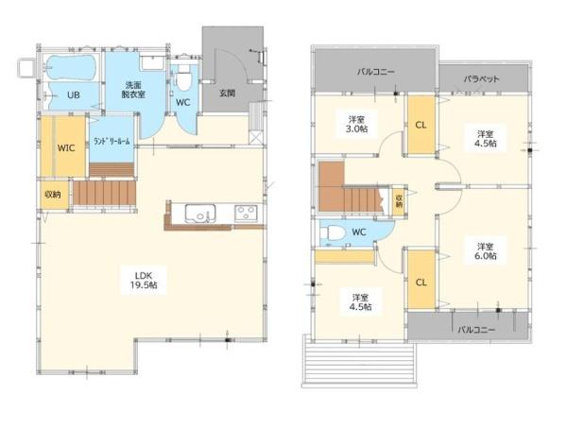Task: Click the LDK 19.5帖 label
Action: (144, 280)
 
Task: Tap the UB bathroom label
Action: (74, 95)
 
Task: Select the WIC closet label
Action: (66, 147)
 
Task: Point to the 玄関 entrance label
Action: (228, 93)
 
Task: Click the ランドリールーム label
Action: (112, 141)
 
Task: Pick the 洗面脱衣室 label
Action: (135, 90)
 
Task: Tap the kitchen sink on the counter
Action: (200, 213)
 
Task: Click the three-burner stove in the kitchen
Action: (246, 213)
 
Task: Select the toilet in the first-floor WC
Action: (183, 77)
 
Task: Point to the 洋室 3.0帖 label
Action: (356, 124)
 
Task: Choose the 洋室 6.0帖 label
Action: (486, 251)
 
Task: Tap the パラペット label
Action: (482, 78)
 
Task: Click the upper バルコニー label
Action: (376, 72)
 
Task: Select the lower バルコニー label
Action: (476, 330)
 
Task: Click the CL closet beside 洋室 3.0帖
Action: (421, 125)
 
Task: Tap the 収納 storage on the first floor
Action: (53, 195)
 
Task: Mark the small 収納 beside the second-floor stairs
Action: (399, 201)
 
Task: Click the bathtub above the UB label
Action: (72, 67)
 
